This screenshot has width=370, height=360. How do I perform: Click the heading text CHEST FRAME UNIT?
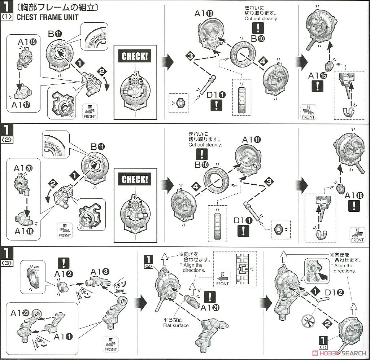click(x=48, y=17)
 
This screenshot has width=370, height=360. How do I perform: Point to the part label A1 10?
click(x=204, y=14)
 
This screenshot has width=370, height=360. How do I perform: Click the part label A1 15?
click(x=318, y=76)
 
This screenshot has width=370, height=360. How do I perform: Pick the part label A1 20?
click(x=23, y=168)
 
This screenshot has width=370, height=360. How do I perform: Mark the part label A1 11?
click(x=252, y=140)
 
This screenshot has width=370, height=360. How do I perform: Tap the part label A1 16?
click(x=354, y=196)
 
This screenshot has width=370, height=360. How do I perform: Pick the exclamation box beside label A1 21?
click(x=209, y=297)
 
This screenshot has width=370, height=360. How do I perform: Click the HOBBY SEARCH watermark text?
click(x=345, y=353)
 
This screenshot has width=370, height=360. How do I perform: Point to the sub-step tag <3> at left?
click(x=7, y=263)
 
